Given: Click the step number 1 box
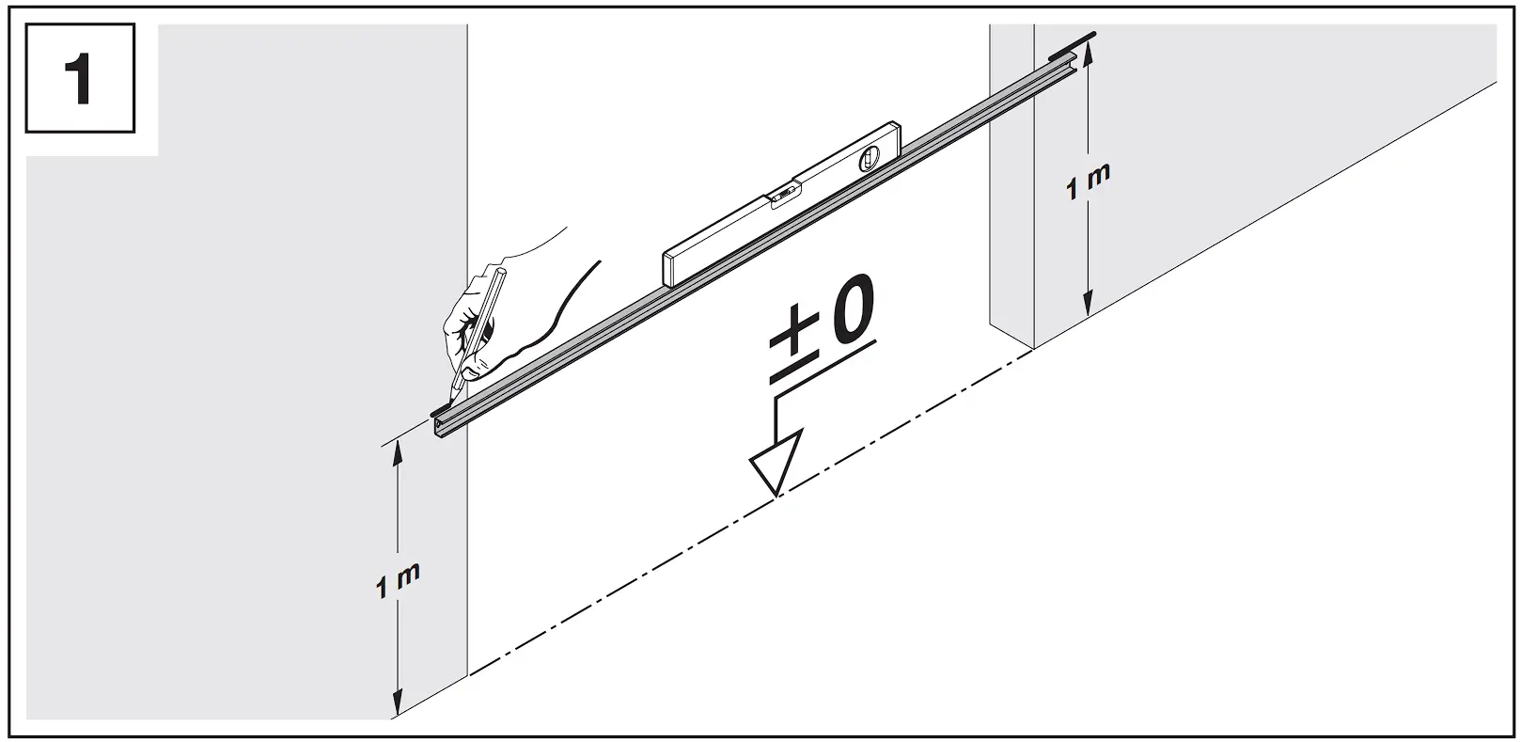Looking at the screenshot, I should (x=80, y=78).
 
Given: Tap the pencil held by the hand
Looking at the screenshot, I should (x=479, y=324).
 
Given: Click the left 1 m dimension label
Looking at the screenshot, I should (x=397, y=582).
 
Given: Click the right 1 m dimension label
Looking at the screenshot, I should (x=1088, y=181).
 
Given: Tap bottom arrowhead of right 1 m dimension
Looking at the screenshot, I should (x=1088, y=305).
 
